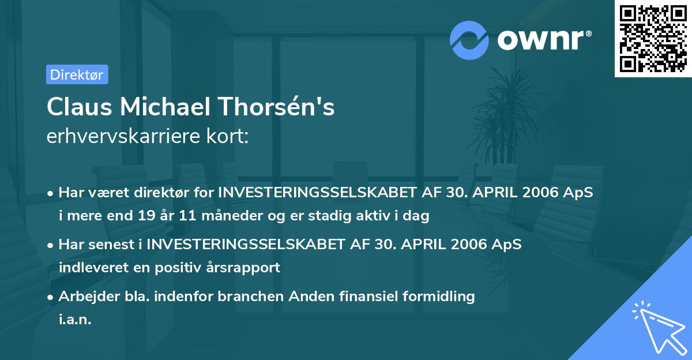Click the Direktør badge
click(77, 74)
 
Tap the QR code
click(653, 39)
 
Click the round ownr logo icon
click(469, 40)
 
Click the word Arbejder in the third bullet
click(85, 297)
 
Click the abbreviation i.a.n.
click(75, 319)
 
